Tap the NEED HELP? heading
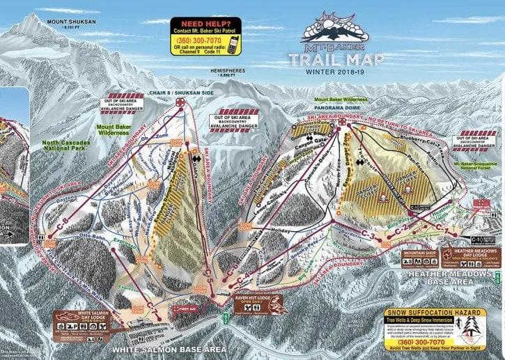[x=205, y=22]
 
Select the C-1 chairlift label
[x=442, y=226]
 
